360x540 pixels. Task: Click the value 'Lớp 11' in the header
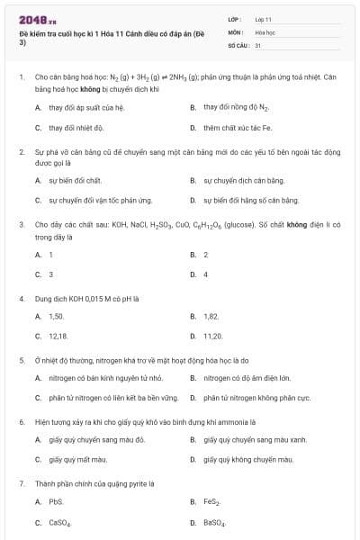point(264,19)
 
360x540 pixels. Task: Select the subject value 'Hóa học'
point(265,31)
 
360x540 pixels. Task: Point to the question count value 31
point(258,44)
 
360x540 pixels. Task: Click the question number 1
point(21,78)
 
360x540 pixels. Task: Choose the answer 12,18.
point(58,336)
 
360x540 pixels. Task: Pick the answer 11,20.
point(211,336)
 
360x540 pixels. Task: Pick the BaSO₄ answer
point(213,522)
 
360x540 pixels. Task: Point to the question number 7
point(21,482)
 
